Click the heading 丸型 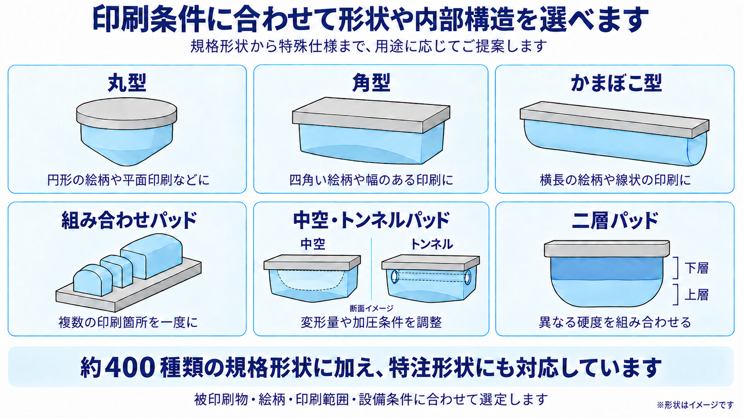(x=127, y=83)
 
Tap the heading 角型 (x=371, y=83)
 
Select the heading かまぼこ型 (x=616, y=83)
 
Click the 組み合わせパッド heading (x=129, y=220)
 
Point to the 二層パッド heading (x=615, y=220)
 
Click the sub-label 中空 (x=312, y=244)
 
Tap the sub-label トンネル (x=431, y=244)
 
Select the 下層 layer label (x=697, y=268)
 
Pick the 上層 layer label (x=697, y=295)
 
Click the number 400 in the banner (x=131, y=368)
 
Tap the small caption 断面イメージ (x=371, y=308)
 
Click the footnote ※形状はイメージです (x=695, y=405)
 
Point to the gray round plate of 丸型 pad (x=127, y=113)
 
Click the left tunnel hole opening (x=395, y=277)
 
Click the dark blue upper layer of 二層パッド (x=607, y=269)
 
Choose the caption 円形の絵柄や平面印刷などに (x=128, y=180)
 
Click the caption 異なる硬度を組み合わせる (x=615, y=322)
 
